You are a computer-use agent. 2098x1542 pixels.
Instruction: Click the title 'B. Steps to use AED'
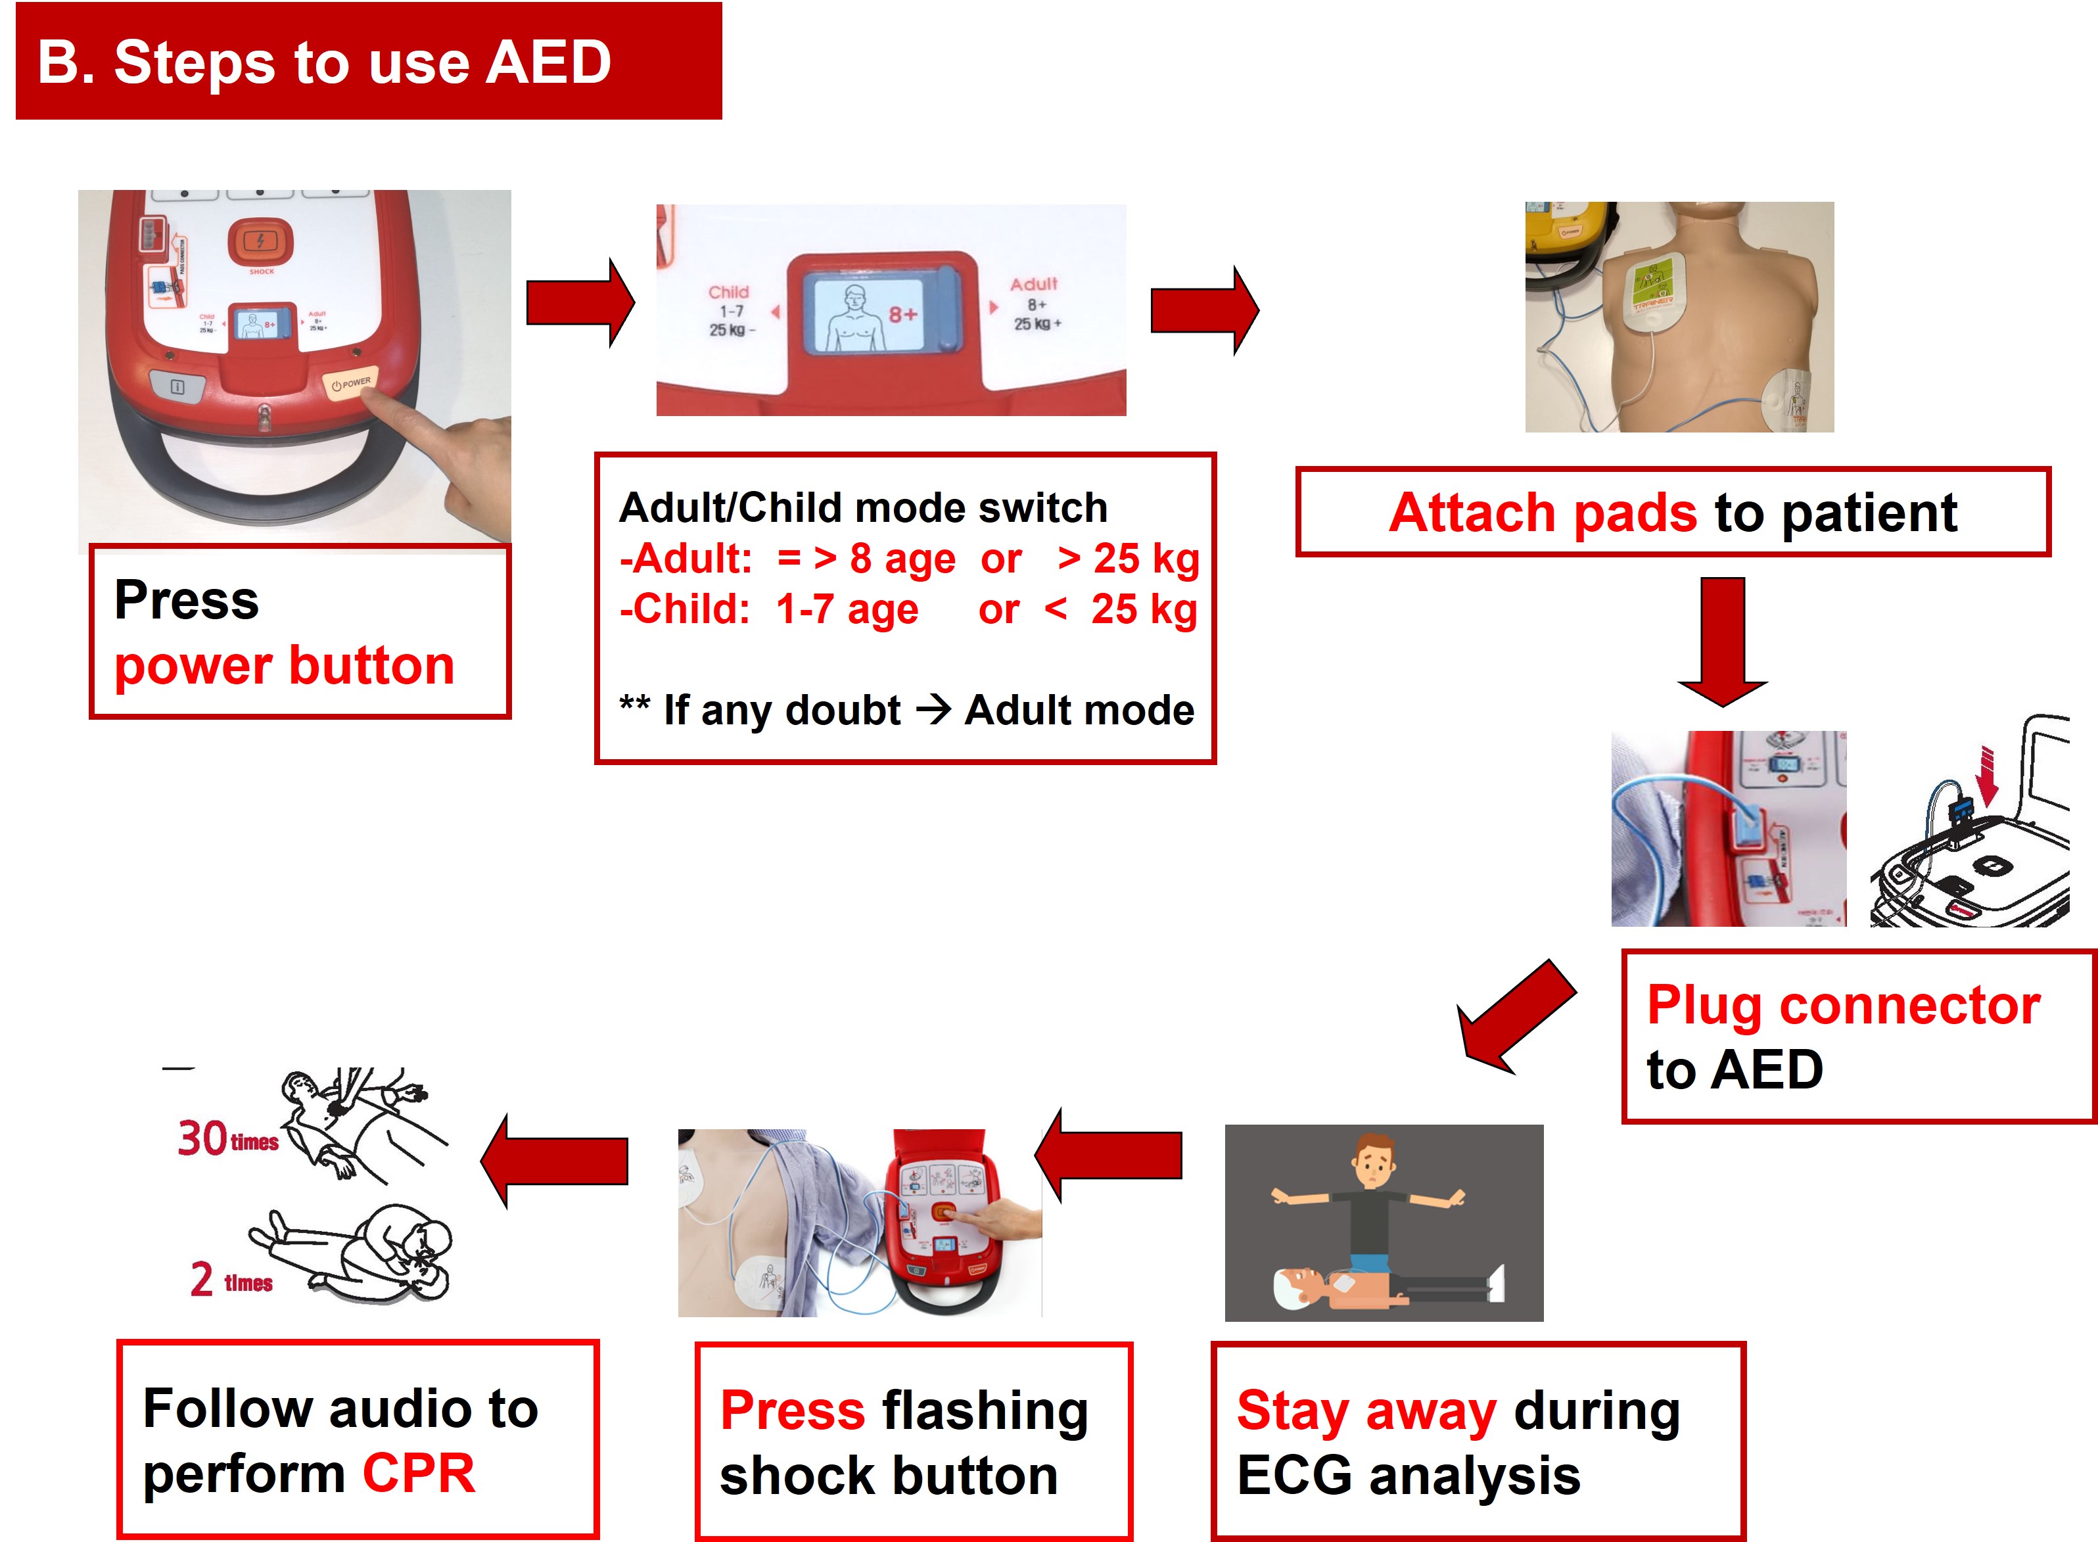coord(324,62)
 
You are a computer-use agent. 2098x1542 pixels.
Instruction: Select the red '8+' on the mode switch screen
coord(902,315)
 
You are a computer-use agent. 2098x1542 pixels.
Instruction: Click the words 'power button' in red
coord(284,666)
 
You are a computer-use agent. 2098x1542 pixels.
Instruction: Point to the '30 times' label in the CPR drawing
coord(227,1139)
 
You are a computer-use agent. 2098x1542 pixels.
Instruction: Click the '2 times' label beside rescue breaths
coord(231,1280)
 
